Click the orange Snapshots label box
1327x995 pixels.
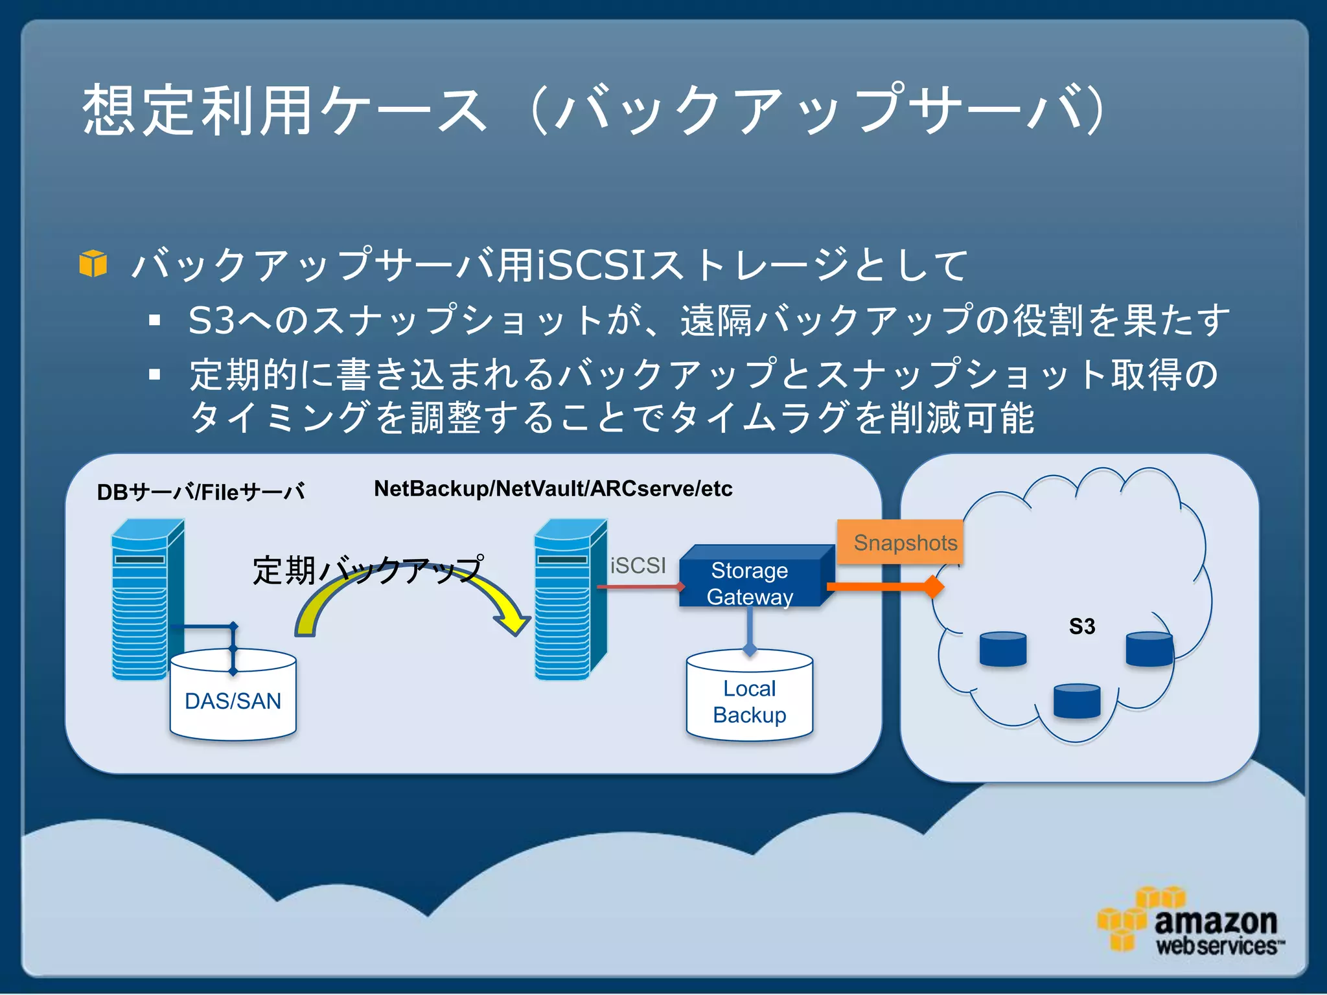click(900, 542)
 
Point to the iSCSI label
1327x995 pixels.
click(638, 566)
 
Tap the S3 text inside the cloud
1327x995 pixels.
click(1081, 626)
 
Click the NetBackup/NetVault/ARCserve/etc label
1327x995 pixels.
click(553, 488)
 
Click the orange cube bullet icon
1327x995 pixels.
click(93, 264)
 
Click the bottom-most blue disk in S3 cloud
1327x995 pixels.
click(1076, 701)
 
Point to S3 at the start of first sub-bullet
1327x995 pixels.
click(211, 320)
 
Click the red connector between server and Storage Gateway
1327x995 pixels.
click(638, 587)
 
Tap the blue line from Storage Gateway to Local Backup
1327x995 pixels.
click(750, 628)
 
